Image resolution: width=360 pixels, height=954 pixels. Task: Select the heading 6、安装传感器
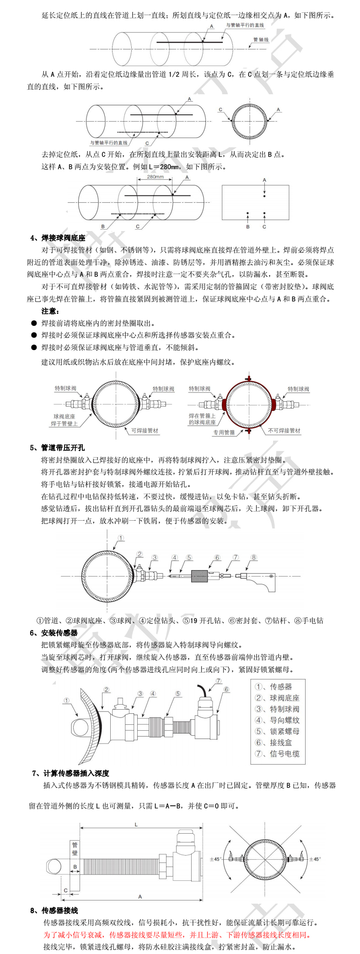54,633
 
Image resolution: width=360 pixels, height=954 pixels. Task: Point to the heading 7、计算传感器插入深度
71,773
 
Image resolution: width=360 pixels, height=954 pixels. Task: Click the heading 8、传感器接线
54,911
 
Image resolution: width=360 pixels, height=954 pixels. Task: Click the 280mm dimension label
156,177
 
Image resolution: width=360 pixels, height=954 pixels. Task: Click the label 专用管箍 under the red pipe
224,432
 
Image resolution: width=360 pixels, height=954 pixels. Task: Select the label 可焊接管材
145,431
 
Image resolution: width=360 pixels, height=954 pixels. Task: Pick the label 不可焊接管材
284,431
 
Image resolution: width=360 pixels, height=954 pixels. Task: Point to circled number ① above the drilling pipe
121,539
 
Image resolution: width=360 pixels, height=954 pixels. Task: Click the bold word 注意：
50,311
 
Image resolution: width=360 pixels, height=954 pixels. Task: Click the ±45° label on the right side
315,859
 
